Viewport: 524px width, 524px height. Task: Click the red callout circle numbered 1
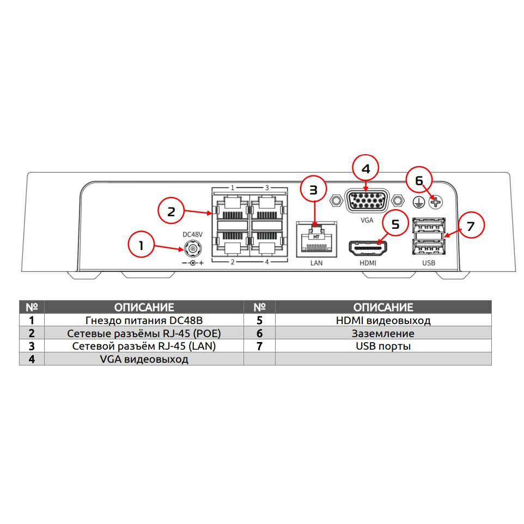point(141,246)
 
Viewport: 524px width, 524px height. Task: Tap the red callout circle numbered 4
point(366,169)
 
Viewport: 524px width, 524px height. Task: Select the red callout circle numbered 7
point(470,226)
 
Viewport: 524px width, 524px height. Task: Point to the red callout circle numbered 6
point(418,180)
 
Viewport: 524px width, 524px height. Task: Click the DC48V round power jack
point(192,249)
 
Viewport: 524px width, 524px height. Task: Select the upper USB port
point(429,225)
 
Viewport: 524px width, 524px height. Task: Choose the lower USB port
point(429,248)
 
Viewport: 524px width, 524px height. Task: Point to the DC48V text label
point(192,234)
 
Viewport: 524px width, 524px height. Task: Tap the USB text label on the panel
point(429,263)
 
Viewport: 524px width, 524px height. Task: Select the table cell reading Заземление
point(383,333)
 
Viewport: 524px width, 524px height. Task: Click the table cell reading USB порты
point(383,346)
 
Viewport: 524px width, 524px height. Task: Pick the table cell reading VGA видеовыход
point(144,359)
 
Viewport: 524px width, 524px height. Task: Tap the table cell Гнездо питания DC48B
point(144,320)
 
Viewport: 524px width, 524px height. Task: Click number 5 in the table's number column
point(259,320)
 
